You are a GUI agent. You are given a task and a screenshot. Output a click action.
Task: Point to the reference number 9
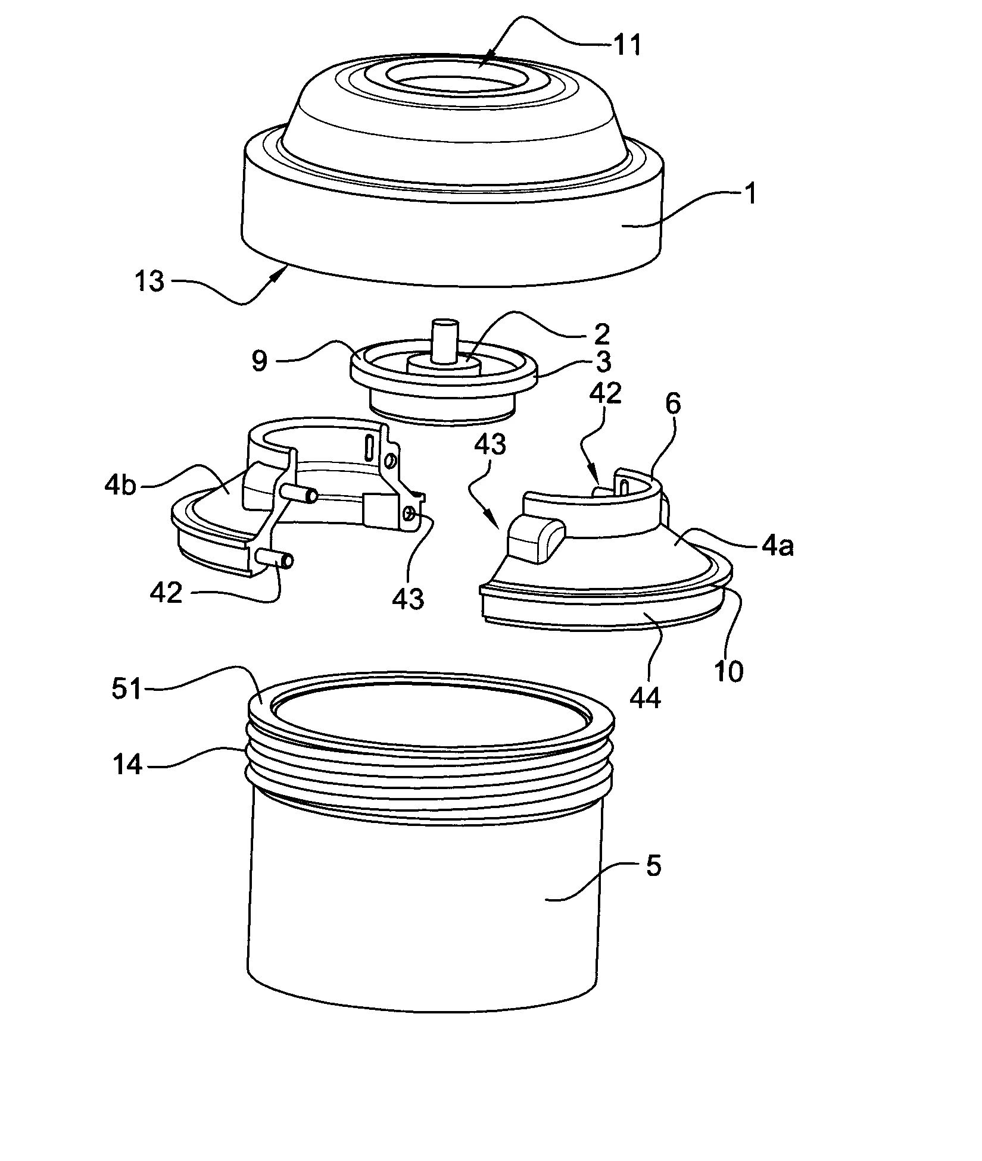260,361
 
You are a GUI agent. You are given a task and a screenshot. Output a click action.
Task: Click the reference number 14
127,764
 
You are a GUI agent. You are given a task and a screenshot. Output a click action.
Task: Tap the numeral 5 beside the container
653,866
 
